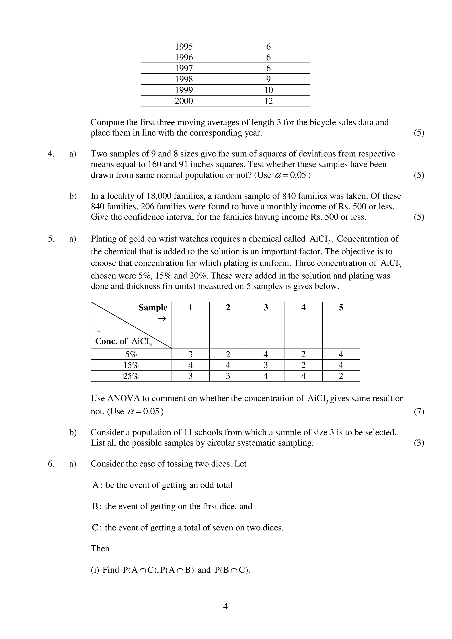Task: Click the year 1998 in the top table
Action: (x=184, y=79)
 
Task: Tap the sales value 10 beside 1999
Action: (x=268, y=90)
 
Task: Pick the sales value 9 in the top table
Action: (x=268, y=79)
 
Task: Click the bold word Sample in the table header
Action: (x=153, y=307)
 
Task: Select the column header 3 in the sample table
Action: (x=266, y=307)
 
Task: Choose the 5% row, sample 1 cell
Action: (x=190, y=354)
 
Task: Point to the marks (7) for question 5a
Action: (x=419, y=411)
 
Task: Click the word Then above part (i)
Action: (x=100, y=548)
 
